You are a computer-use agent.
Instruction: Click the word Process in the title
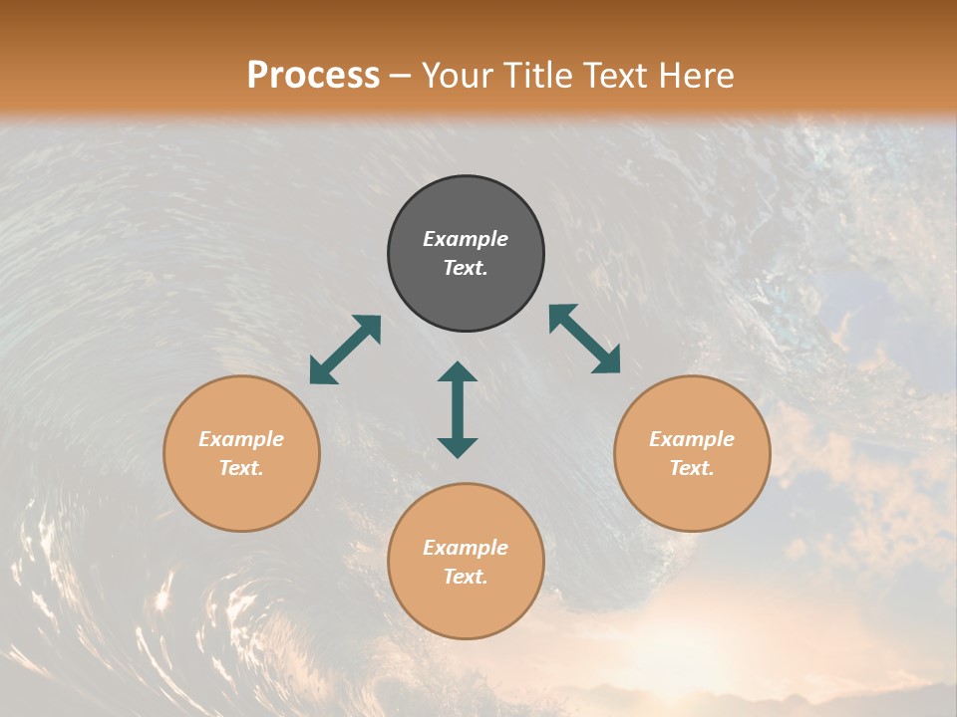(313, 76)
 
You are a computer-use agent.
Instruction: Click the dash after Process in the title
(401, 78)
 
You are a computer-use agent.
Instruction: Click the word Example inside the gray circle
(466, 239)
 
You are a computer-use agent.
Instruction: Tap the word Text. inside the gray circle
(466, 268)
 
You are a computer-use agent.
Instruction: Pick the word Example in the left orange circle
(241, 439)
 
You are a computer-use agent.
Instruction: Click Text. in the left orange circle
(241, 468)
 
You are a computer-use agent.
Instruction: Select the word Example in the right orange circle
(692, 439)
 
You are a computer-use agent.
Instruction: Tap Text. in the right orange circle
(692, 468)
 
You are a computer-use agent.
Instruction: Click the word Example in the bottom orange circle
(466, 548)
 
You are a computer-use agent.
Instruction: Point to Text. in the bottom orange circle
(466, 577)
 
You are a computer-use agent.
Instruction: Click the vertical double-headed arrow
(458, 409)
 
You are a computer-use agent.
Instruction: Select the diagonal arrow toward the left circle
(345, 350)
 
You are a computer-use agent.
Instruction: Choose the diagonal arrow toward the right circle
(584, 339)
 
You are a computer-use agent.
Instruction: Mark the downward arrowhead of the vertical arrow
(458, 447)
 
